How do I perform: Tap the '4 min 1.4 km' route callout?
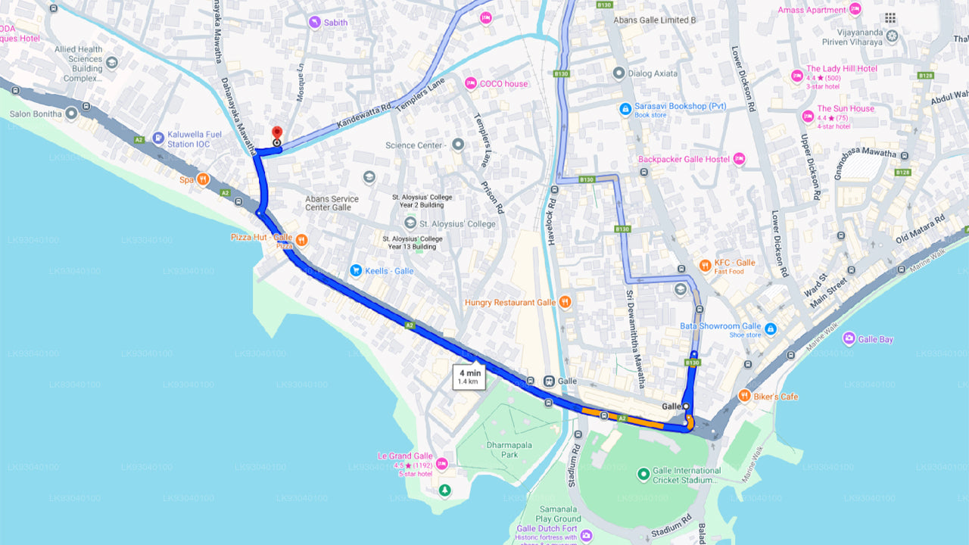click(x=469, y=376)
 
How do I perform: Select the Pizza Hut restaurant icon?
click(x=302, y=240)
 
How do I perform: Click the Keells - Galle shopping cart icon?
click(x=356, y=270)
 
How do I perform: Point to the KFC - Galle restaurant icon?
click(x=704, y=265)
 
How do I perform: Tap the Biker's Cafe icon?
click(x=745, y=396)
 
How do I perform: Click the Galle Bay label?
click(x=875, y=339)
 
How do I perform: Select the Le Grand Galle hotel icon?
click(x=441, y=463)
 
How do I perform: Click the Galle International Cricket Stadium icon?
click(x=643, y=475)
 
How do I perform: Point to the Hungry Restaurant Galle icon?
click(x=565, y=302)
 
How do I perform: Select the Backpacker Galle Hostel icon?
click(x=740, y=159)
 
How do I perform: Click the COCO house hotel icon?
click(x=471, y=83)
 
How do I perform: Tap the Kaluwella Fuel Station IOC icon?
click(x=157, y=138)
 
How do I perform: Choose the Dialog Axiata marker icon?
click(x=618, y=73)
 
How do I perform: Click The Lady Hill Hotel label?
click(x=841, y=69)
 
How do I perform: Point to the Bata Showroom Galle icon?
click(x=771, y=329)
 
